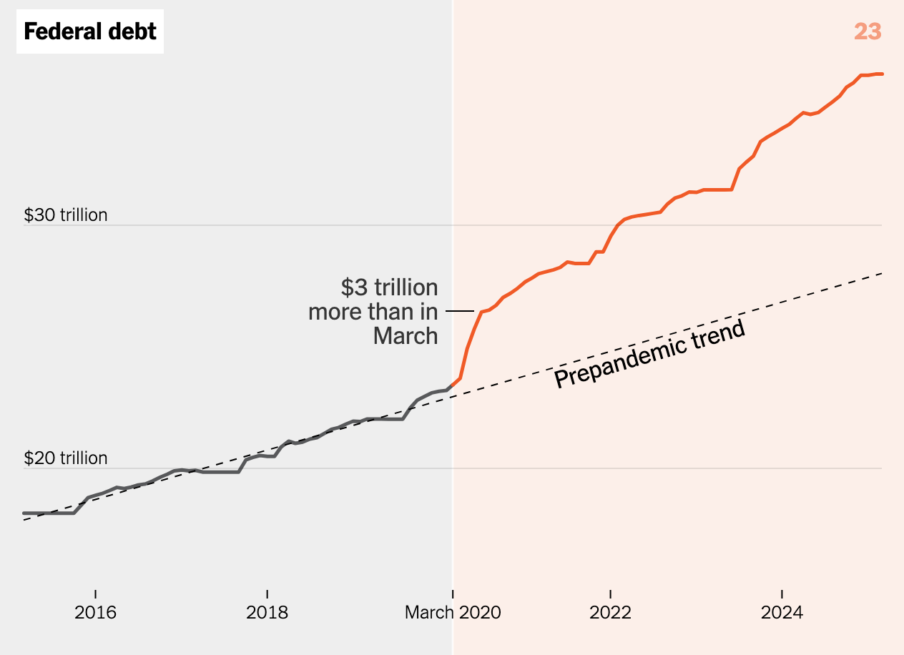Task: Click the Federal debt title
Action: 90,31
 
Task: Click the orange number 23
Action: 867,31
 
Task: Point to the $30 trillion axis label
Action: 66,215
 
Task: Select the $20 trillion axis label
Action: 66,458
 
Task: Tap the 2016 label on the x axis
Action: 95,613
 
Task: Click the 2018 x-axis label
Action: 267,613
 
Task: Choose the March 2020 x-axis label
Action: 453,613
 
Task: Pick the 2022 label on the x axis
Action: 610,613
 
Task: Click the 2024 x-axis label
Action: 782,613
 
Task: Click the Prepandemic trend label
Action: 649,355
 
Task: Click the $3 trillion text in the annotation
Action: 389,287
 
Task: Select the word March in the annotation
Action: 405,336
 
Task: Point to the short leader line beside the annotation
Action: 459,311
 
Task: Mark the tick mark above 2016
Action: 95,594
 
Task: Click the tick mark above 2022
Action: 610,594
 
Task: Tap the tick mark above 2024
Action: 782,594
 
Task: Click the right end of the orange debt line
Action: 882,74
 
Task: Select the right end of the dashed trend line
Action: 882,273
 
